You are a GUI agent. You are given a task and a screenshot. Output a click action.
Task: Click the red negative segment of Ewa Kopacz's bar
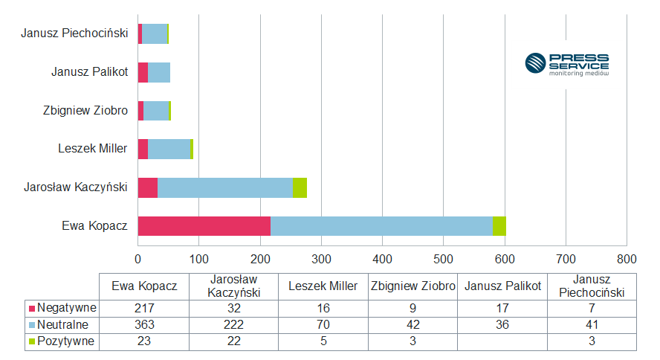(204, 226)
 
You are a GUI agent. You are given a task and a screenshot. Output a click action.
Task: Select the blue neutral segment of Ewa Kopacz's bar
(381, 226)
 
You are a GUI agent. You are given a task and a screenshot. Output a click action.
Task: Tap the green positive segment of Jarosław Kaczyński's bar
(299, 187)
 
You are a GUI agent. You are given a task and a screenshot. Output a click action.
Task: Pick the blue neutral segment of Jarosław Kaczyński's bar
(224, 187)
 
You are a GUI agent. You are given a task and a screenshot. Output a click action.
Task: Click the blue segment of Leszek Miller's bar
(169, 149)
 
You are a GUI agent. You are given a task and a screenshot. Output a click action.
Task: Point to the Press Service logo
(566, 64)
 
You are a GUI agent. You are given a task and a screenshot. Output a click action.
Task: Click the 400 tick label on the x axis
(382, 259)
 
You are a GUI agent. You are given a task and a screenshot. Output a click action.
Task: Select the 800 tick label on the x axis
(627, 259)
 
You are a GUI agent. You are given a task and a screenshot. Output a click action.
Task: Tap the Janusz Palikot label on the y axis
(90, 72)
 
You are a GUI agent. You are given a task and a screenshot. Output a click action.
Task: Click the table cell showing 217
(143, 307)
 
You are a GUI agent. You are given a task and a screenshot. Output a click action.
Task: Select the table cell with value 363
(143, 324)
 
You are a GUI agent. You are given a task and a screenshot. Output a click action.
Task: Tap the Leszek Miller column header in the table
(323, 286)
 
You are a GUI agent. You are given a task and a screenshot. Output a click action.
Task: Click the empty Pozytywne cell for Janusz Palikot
(502, 341)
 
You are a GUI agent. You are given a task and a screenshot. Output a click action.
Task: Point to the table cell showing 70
(323, 324)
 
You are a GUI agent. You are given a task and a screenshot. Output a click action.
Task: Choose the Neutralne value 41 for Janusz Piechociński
(592, 324)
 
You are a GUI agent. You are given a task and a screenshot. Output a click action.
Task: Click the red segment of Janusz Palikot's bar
(143, 72)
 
